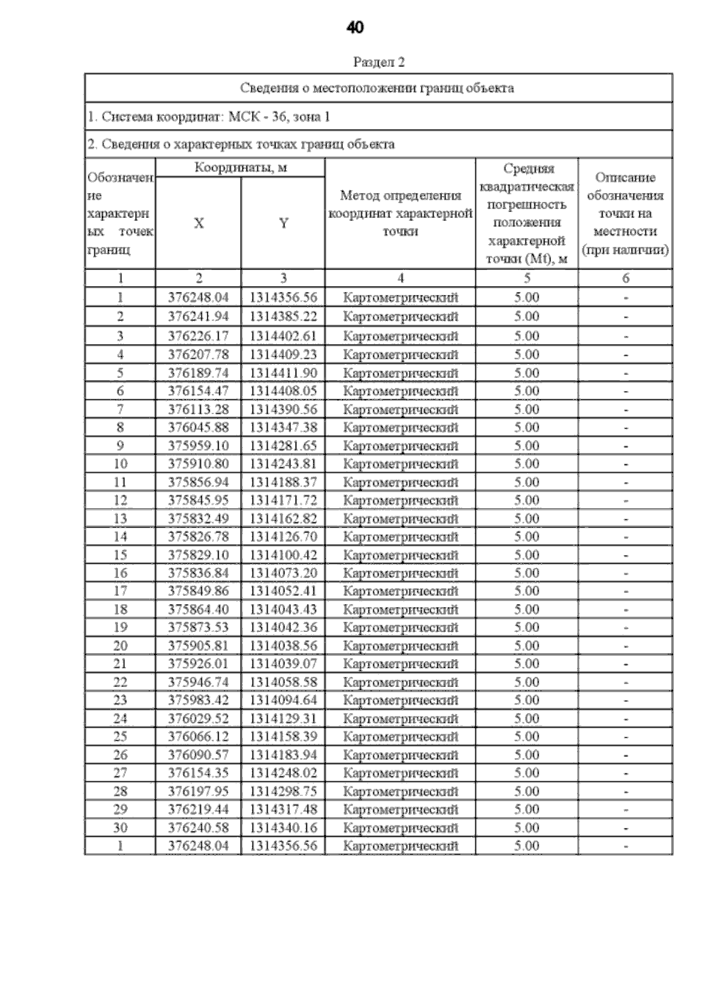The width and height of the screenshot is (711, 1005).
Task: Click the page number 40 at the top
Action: click(355, 27)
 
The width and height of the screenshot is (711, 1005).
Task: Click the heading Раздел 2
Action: click(379, 62)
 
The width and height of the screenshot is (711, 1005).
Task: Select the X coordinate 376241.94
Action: click(198, 316)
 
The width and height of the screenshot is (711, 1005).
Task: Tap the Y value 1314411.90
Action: click(283, 373)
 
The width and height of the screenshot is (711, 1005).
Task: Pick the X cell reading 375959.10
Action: click(198, 446)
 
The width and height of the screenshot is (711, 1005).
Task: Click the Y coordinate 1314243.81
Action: click(283, 464)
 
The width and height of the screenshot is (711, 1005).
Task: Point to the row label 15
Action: click(120, 555)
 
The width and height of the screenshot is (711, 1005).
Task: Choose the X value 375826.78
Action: click(198, 537)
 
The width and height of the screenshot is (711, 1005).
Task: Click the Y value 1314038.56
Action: click(283, 646)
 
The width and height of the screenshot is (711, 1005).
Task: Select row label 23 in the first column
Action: click(120, 700)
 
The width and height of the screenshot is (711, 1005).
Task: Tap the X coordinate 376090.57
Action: click(198, 754)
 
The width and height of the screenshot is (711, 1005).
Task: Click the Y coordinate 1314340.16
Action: click(283, 827)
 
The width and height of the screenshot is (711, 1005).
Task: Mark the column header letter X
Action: click(198, 223)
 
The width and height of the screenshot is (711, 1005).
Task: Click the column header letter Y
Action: click(283, 223)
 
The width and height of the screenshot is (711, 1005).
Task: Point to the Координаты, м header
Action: click(240, 168)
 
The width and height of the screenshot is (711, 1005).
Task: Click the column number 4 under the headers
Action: click(401, 278)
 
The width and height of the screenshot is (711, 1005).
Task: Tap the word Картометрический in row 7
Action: click(401, 410)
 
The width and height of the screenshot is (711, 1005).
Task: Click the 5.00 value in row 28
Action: click(526, 791)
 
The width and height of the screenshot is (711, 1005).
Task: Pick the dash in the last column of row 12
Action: click(626, 501)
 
